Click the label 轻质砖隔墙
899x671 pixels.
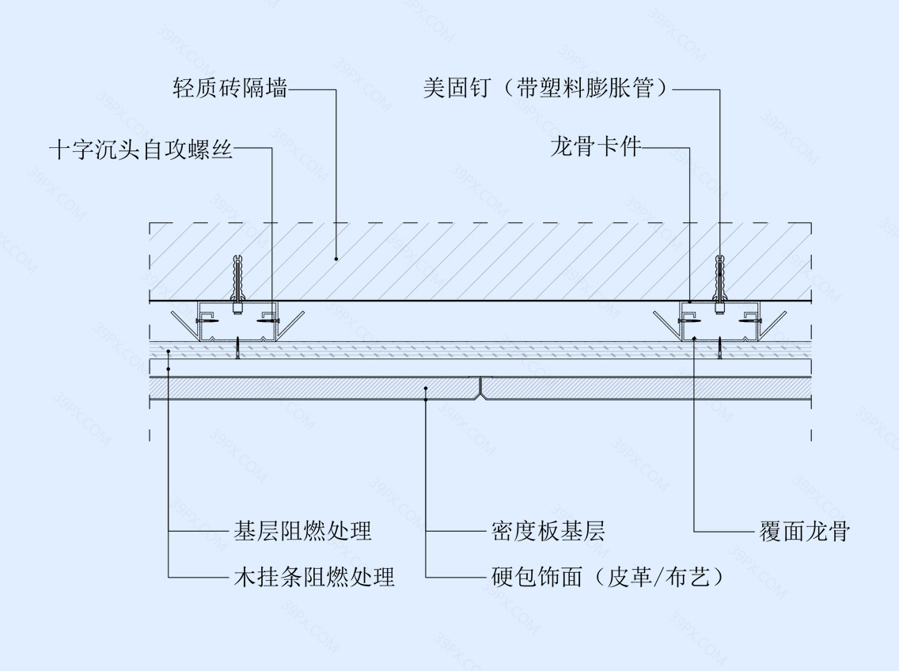[230, 88]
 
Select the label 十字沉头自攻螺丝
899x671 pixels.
[141, 149]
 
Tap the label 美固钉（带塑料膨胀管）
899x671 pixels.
[546, 88]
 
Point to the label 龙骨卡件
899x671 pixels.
[595, 147]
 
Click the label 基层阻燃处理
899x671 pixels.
[303, 531]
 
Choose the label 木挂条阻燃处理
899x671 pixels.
[314, 576]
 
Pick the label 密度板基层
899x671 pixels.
[548, 531]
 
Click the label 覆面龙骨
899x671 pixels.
[804, 531]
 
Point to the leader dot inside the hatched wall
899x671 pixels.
[336, 260]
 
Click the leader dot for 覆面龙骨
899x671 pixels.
[694, 339]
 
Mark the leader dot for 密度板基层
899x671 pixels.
[426, 389]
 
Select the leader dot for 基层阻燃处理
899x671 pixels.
[168, 351]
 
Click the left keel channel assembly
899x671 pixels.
[237, 322]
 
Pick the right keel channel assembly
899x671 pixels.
[719, 322]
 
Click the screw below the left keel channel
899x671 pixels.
[237, 349]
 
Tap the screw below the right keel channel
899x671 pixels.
[719, 349]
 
